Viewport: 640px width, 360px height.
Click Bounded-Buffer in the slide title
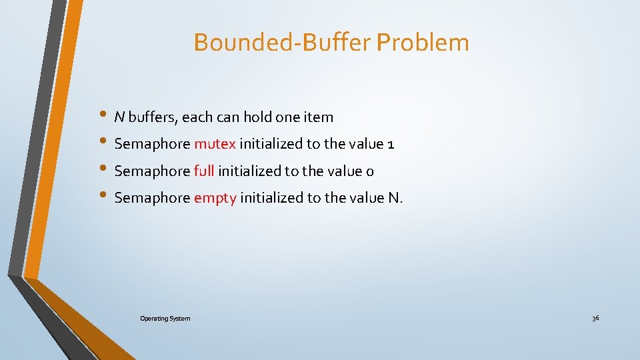[x=283, y=43]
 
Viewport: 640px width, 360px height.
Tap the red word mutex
[x=215, y=144]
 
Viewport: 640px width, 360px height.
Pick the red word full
[x=204, y=171]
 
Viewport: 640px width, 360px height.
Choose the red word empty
[x=215, y=199]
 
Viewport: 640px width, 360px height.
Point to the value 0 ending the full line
[x=370, y=172]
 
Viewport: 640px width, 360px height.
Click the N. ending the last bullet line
[x=395, y=198]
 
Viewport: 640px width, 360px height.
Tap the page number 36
[x=595, y=319]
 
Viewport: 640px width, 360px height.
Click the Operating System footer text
[x=165, y=319]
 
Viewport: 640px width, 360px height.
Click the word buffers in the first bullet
[x=151, y=117]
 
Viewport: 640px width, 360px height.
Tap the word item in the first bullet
[x=319, y=117]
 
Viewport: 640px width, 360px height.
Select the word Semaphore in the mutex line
[x=152, y=145]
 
